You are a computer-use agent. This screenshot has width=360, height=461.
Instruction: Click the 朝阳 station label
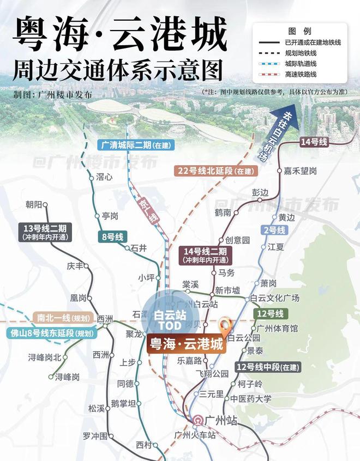34,205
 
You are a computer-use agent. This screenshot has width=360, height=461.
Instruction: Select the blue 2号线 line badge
274,230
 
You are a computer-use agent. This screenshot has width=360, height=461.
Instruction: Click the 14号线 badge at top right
314,142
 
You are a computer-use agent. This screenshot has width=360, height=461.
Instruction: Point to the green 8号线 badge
113,236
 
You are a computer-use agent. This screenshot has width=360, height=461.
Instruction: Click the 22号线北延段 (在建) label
216,171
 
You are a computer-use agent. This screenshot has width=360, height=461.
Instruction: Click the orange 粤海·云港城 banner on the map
186,345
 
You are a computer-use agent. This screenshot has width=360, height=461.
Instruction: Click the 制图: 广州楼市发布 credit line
53,94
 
